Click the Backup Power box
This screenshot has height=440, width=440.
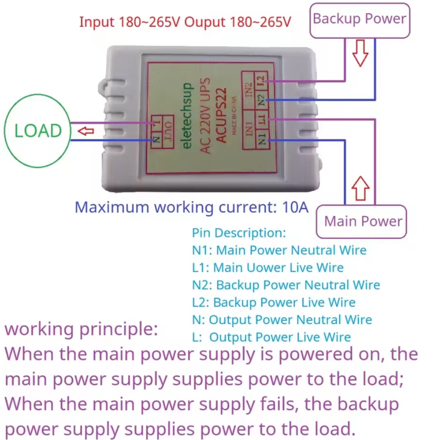(x=359, y=19)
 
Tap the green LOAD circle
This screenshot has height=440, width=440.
(x=38, y=131)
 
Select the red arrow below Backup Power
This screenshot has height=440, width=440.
(x=360, y=53)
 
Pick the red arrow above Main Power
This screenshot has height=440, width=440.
(x=360, y=188)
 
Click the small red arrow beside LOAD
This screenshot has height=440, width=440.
(x=86, y=131)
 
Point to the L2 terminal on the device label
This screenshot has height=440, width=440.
(x=261, y=80)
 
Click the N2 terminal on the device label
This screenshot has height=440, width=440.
(x=261, y=99)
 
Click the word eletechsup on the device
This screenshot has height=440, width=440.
(x=187, y=116)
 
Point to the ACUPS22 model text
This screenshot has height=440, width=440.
(x=221, y=116)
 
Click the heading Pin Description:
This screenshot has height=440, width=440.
(x=239, y=233)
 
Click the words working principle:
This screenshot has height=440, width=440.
(x=81, y=329)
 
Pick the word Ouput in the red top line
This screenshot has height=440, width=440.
(x=205, y=22)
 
